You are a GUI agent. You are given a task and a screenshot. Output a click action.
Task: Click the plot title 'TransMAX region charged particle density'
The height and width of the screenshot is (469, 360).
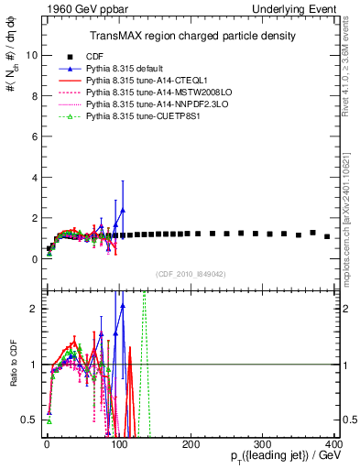(180, 36)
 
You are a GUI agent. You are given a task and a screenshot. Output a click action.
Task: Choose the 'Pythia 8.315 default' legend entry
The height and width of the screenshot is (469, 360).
(127, 69)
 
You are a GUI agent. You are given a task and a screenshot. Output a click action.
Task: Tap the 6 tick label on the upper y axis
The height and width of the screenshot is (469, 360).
(32, 136)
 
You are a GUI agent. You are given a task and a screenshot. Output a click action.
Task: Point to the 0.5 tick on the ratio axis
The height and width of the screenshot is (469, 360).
(28, 420)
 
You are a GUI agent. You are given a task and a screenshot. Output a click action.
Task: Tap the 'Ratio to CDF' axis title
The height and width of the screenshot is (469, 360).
(12, 381)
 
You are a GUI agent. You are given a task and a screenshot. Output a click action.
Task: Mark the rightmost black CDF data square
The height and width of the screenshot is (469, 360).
(327, 236)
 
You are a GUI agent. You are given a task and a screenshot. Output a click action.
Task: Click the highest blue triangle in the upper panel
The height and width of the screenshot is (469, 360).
(123, 210)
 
